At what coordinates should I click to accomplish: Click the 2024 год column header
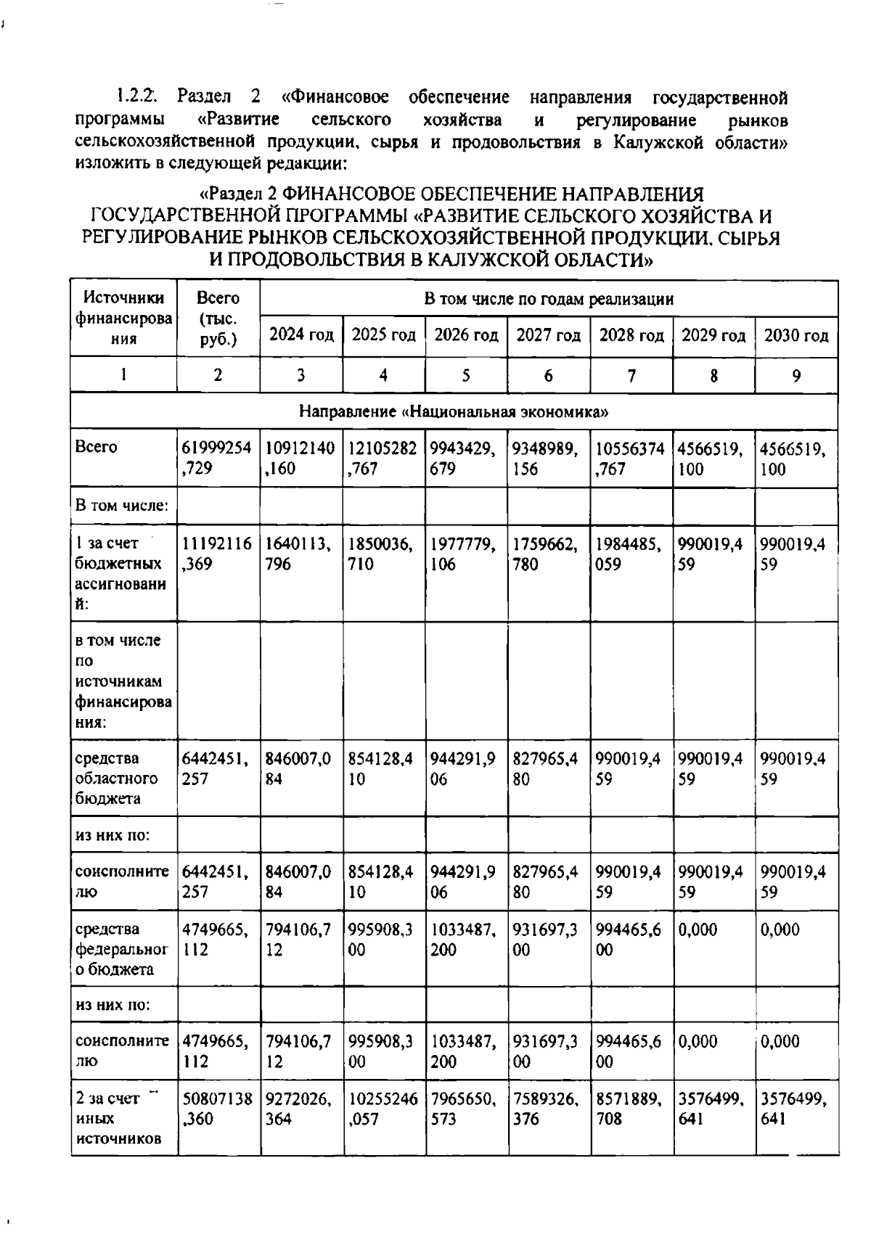(x=301, y=335)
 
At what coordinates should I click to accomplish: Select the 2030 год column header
(x=796, y=335)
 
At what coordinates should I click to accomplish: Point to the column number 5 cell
(x=466, y=375)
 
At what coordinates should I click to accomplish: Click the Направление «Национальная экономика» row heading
(x=454, y=412)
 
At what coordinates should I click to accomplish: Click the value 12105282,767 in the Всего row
(x=383, y=458)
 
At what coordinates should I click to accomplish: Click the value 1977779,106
(x=465, y=554)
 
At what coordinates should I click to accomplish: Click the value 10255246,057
(x=383, y=1108)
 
